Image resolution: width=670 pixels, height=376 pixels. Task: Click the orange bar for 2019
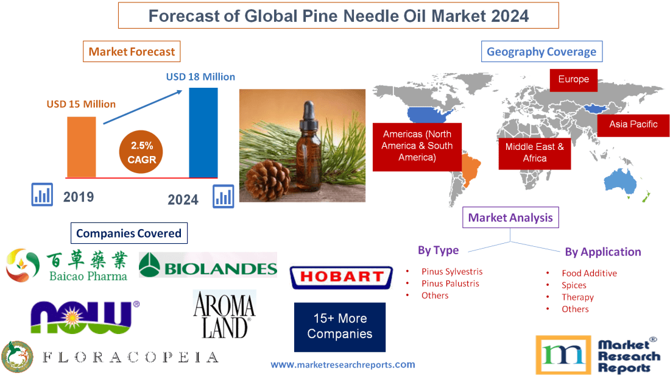[x=81, y=146]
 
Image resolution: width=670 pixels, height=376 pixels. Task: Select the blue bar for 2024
[x=203, y=132]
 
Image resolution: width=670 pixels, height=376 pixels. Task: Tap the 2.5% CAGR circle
[x=142, y=152]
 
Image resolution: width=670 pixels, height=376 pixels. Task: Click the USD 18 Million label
[x=200, y=77]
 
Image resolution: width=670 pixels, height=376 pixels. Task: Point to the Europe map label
[x=573, y=79]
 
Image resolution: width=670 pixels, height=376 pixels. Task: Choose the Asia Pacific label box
[x=633, y=124]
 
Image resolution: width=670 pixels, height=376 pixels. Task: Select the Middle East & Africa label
[x=534, y=152]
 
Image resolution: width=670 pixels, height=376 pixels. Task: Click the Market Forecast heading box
[x=132, y=51]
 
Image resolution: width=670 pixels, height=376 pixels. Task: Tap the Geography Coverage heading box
[x=541, y=51]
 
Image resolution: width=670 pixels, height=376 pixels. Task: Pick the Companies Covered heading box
[x=129, y=233]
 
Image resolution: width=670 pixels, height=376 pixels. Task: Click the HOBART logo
[x=340, y=277]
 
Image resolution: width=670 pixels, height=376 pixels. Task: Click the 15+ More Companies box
[x=339, y=327]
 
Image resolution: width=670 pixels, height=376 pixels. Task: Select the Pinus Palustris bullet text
[x=450, y=283]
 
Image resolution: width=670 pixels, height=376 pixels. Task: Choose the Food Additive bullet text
[x=589, y=274]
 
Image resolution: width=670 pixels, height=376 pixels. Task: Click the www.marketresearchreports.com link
[x=342, y=364]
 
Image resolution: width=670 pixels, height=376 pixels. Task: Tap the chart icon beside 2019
[x=43, y=195]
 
